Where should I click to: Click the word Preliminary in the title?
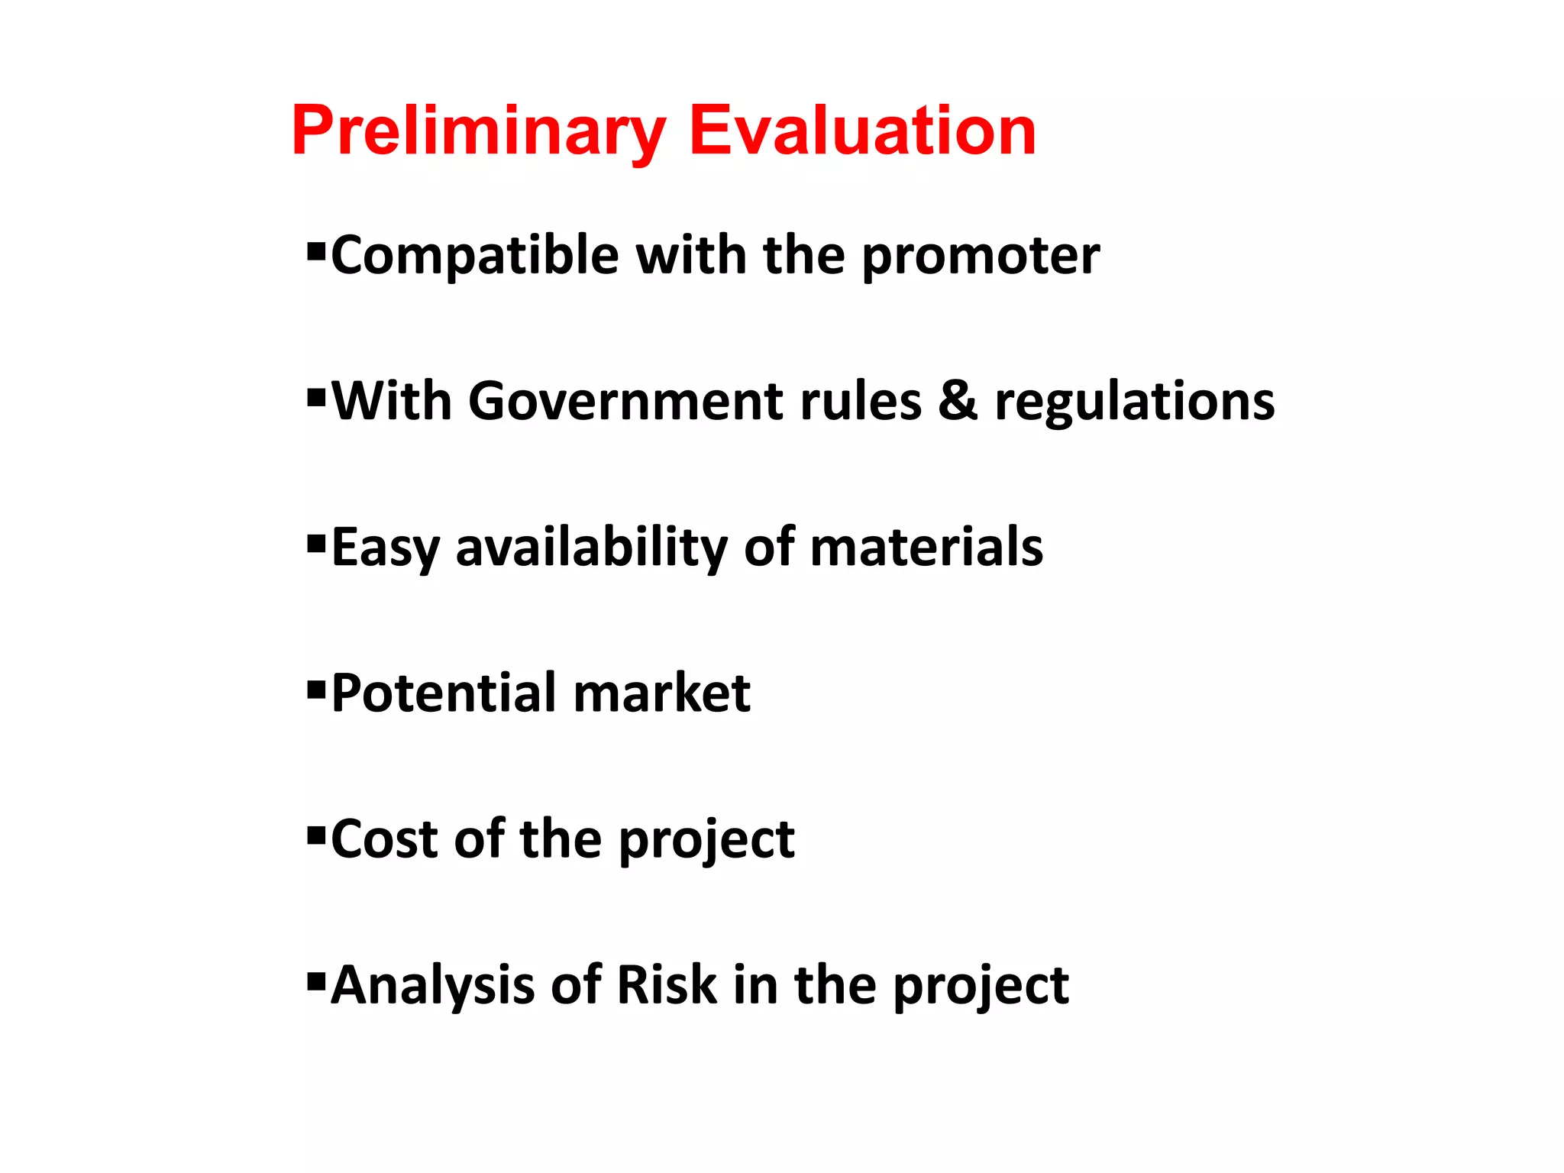(479, 131)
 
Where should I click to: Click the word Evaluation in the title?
(862, 131)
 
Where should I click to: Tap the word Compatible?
(474, 256)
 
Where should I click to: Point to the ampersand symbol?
(958, 402)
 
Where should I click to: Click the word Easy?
(386, 548)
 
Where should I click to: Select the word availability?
(592, 548)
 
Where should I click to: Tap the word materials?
(926, 547)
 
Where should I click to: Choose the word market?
(661, 693)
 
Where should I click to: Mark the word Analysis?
(432, 985)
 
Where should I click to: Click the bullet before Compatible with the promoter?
(315, 251)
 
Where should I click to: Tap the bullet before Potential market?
(315, 690)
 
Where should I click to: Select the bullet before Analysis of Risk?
(315, 981)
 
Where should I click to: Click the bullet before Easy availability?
(315, 544)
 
